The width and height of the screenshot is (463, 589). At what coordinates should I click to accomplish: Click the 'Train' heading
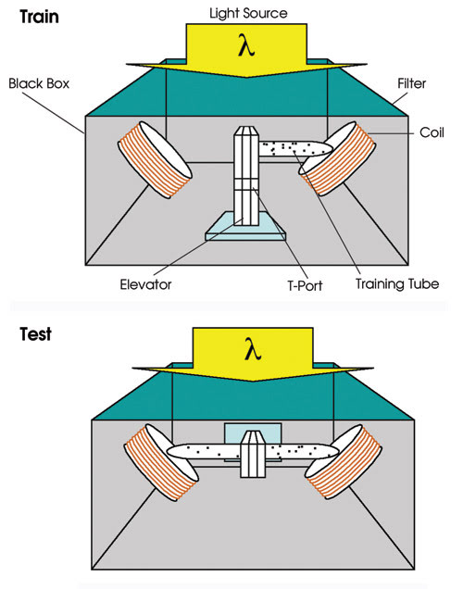click(x=40, y=18)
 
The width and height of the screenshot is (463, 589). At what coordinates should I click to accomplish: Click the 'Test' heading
click(x=36, y=334)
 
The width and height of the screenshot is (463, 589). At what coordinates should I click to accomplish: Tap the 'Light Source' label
click(x=248, y=13)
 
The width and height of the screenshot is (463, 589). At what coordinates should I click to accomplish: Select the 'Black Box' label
click(x=39, y=83)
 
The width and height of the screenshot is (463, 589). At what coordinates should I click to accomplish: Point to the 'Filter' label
click(x=411, y=83)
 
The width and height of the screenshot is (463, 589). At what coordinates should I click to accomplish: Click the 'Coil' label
click(x=432, y=132)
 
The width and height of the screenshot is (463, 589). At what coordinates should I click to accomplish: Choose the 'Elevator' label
click(x=145, y=284)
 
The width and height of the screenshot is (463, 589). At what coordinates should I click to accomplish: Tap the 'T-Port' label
click(x=305, y=285)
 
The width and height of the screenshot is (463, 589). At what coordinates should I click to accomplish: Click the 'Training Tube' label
click(x=397, y=284)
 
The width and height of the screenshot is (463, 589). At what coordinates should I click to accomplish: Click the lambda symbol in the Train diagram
click(x=246, y=45)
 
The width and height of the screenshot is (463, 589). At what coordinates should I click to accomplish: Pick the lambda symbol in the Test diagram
click(x=253, y=349)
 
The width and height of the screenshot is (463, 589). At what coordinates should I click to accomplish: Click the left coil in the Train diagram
click(x=155, y=159)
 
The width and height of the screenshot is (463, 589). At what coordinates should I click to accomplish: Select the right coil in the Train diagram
click(x=337, y=158)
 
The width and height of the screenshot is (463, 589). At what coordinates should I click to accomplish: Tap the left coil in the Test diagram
click(x=161, y=462)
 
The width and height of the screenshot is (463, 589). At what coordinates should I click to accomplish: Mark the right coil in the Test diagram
click(x=344, y=461)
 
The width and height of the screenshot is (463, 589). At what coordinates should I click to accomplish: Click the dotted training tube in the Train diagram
click(x=295, y=148)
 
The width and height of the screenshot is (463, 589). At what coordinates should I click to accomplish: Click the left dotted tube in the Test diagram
click(x=204, y=451)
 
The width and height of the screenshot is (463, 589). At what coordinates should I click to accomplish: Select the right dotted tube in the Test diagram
click(x=302, y=451)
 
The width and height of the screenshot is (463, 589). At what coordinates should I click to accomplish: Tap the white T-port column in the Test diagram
click(x=253, y=454)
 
